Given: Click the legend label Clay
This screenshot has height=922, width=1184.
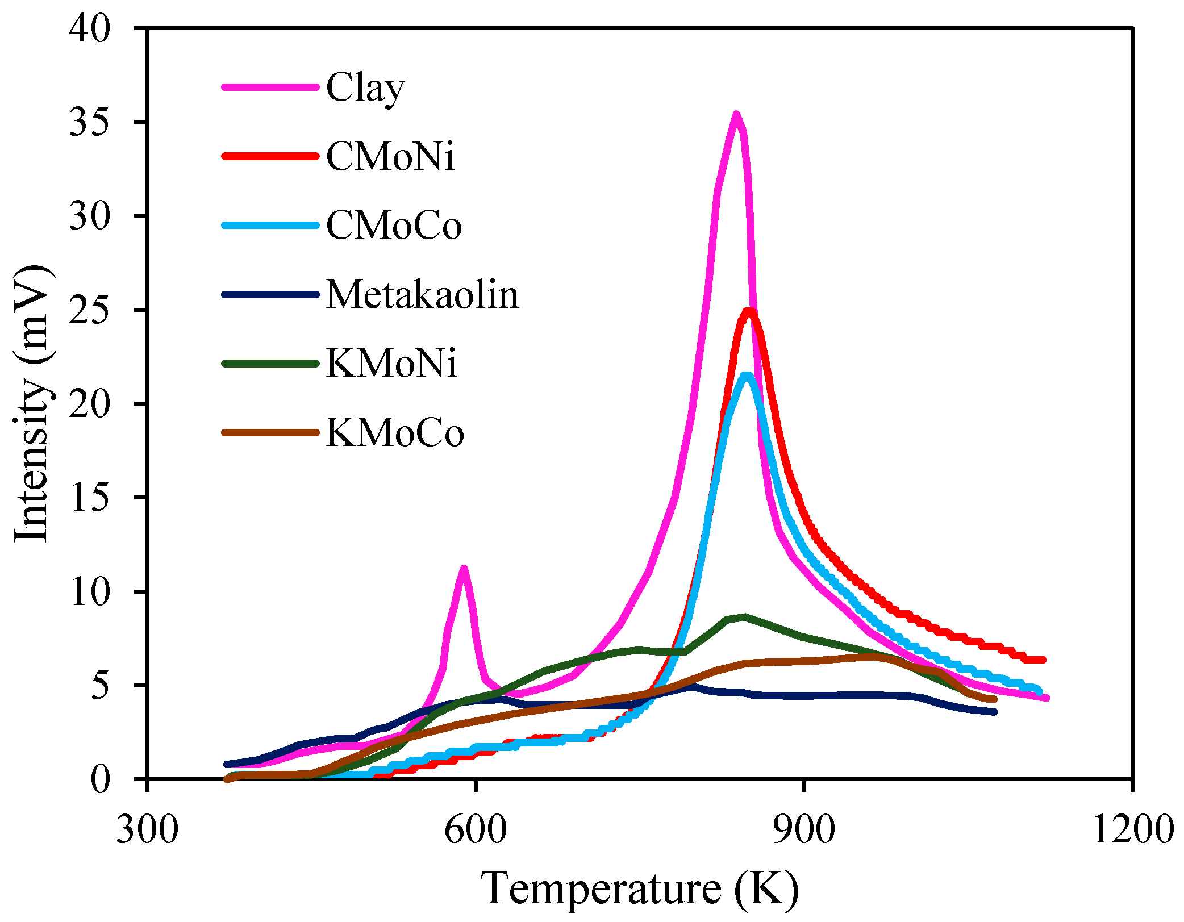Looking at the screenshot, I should [365, 88].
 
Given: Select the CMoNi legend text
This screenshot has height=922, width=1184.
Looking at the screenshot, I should [390, 156].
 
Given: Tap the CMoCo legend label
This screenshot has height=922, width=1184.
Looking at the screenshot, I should [394, 226].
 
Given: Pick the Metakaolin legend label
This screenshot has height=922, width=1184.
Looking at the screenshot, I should [422, 295].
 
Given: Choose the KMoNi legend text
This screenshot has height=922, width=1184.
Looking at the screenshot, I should [391, 364].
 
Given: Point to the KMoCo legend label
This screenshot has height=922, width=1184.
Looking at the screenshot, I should [395, 433].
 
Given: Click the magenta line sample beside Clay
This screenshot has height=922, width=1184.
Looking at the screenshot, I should [270, 87].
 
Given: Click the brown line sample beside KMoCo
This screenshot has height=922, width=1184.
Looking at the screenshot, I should [270, 433].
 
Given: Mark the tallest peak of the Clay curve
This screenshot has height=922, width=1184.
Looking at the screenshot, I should [736, 115].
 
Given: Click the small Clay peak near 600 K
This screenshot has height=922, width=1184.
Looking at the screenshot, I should [464, 569].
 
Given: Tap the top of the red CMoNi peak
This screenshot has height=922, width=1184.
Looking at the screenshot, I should [749, 311].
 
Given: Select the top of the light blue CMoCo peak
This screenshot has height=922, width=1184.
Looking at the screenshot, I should [747, 375].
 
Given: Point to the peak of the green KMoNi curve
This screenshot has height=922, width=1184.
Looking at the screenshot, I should [744, 616].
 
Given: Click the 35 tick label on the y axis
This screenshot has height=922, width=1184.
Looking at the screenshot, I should [89, 122].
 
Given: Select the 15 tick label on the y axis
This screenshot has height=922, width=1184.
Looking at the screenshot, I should [89, 498].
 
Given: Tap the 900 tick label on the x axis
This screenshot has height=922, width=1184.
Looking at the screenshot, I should [804, 829].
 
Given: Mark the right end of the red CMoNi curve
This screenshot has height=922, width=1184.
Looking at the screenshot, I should [1043, 660].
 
